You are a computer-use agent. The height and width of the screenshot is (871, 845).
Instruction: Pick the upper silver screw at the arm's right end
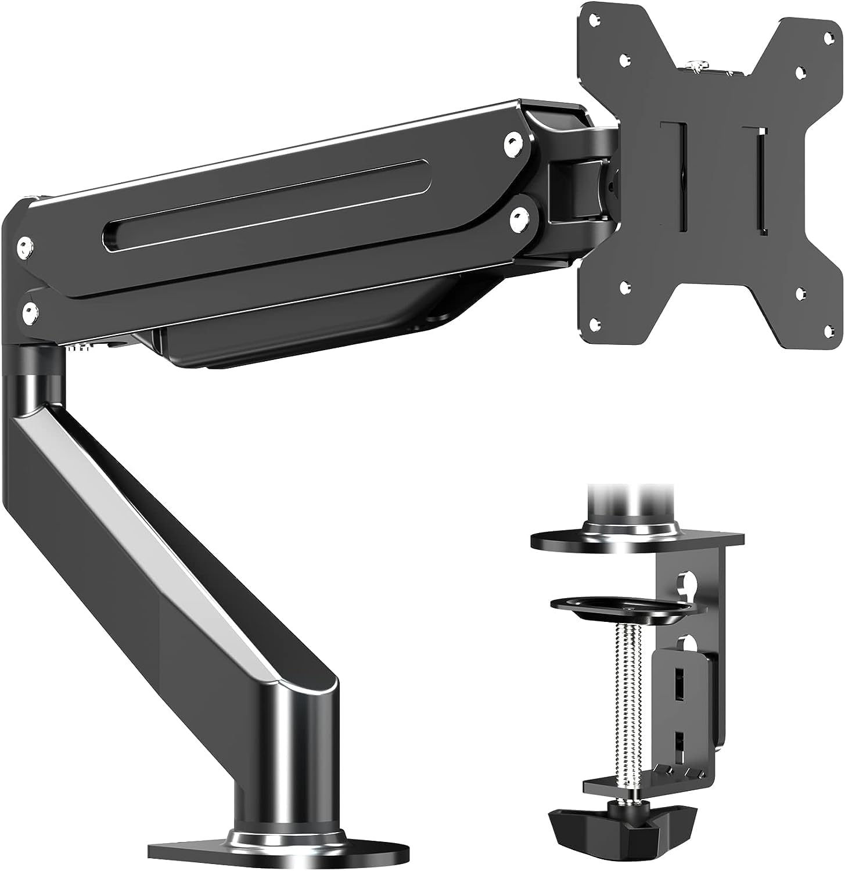click(511, 141)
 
